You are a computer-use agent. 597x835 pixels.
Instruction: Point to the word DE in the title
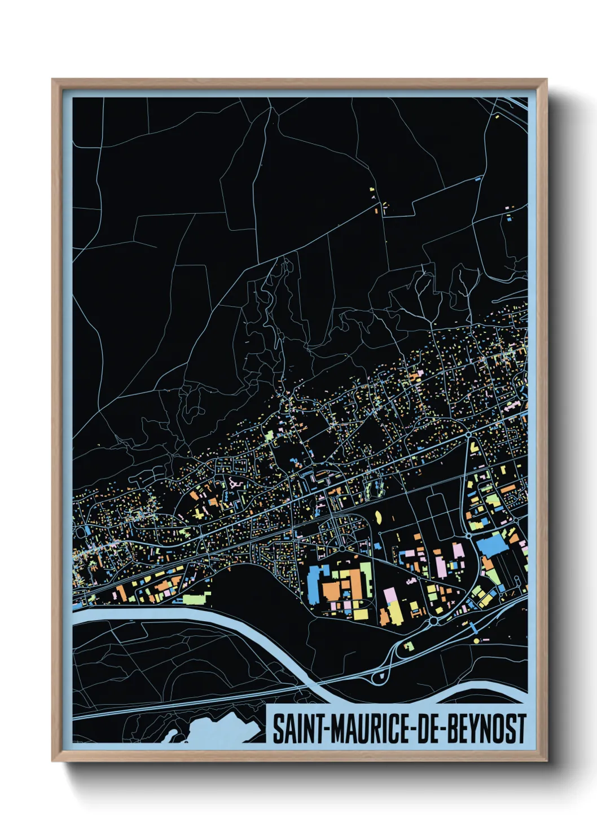point(431,728)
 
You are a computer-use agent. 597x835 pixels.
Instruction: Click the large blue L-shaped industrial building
point(315,584)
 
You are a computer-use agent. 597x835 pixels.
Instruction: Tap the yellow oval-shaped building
point(377,516)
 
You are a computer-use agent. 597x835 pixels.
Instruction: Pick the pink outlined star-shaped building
point(235,483)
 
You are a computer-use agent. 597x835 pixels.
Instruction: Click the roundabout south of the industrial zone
point(433,621)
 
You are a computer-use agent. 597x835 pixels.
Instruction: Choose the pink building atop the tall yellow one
point(389,595)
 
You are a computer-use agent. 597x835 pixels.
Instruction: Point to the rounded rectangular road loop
point(441,516)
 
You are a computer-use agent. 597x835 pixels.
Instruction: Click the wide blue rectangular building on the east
point(490,544)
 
